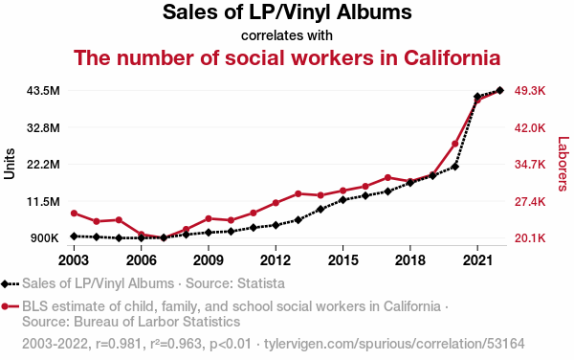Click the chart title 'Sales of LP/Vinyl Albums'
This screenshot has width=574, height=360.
pos(287,12)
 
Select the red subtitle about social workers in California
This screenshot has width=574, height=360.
pos(287,57)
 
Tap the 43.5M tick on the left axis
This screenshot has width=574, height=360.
pos(43,90)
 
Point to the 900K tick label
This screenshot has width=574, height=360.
pos(44,238)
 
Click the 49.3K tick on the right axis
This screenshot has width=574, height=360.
pos(530,90)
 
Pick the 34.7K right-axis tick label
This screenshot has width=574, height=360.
pos(530,164)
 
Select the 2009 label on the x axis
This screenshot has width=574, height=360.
pos(209,260)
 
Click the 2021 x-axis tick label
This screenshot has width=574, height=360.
pos(477,260)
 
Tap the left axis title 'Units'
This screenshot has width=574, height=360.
pos(10,164)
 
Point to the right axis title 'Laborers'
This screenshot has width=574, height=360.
pos(563,164)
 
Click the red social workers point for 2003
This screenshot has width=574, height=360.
pos(74,214)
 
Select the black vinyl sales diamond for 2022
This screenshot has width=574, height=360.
pos(499,90)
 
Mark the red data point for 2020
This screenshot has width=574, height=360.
pos(455,144)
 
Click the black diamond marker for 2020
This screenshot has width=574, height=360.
pos(455,167)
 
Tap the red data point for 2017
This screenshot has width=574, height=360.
pos(387,178)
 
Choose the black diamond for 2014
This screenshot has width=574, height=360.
pos(320,209)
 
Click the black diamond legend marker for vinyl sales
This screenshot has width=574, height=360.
pos(5,283)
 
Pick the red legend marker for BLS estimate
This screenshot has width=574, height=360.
pos(5,306)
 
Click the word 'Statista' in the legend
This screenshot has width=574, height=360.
pos(261,283)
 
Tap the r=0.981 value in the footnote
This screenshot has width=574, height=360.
pos(119,344)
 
